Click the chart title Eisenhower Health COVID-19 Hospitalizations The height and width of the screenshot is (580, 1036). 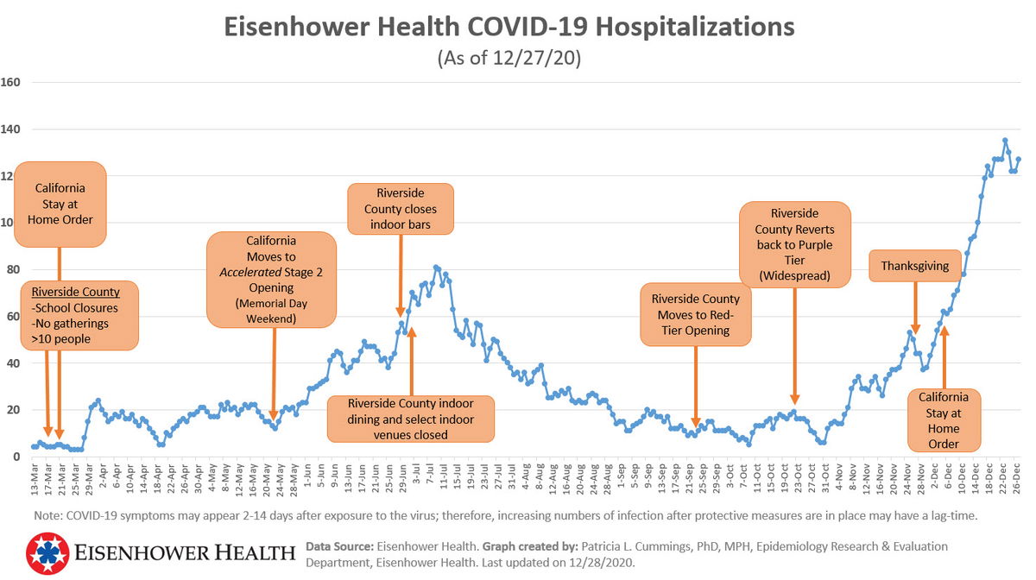click(x=509, y=28)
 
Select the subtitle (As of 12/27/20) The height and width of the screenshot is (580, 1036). click(x=509, y=59)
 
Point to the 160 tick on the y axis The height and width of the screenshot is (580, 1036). click(x=11, y=83)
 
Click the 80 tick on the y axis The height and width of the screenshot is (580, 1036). click(x=11, y=270)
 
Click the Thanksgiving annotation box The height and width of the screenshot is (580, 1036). click(x=914, y=267)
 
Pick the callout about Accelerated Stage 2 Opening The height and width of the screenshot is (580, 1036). click(x=271, y=279)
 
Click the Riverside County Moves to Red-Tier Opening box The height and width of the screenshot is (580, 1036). click(x=696, y=315)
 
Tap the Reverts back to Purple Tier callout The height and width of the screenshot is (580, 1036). click(x=794, y=244)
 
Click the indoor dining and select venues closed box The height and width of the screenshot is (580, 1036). click(x=411, y=419)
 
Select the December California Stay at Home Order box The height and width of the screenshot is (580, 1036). click(x=944, y=419)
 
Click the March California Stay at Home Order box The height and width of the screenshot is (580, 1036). click(x=60, y=204)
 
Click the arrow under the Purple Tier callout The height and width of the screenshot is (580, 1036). click(x=794, y=345)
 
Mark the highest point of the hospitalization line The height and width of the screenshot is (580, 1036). click(x=1005, y=140)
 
